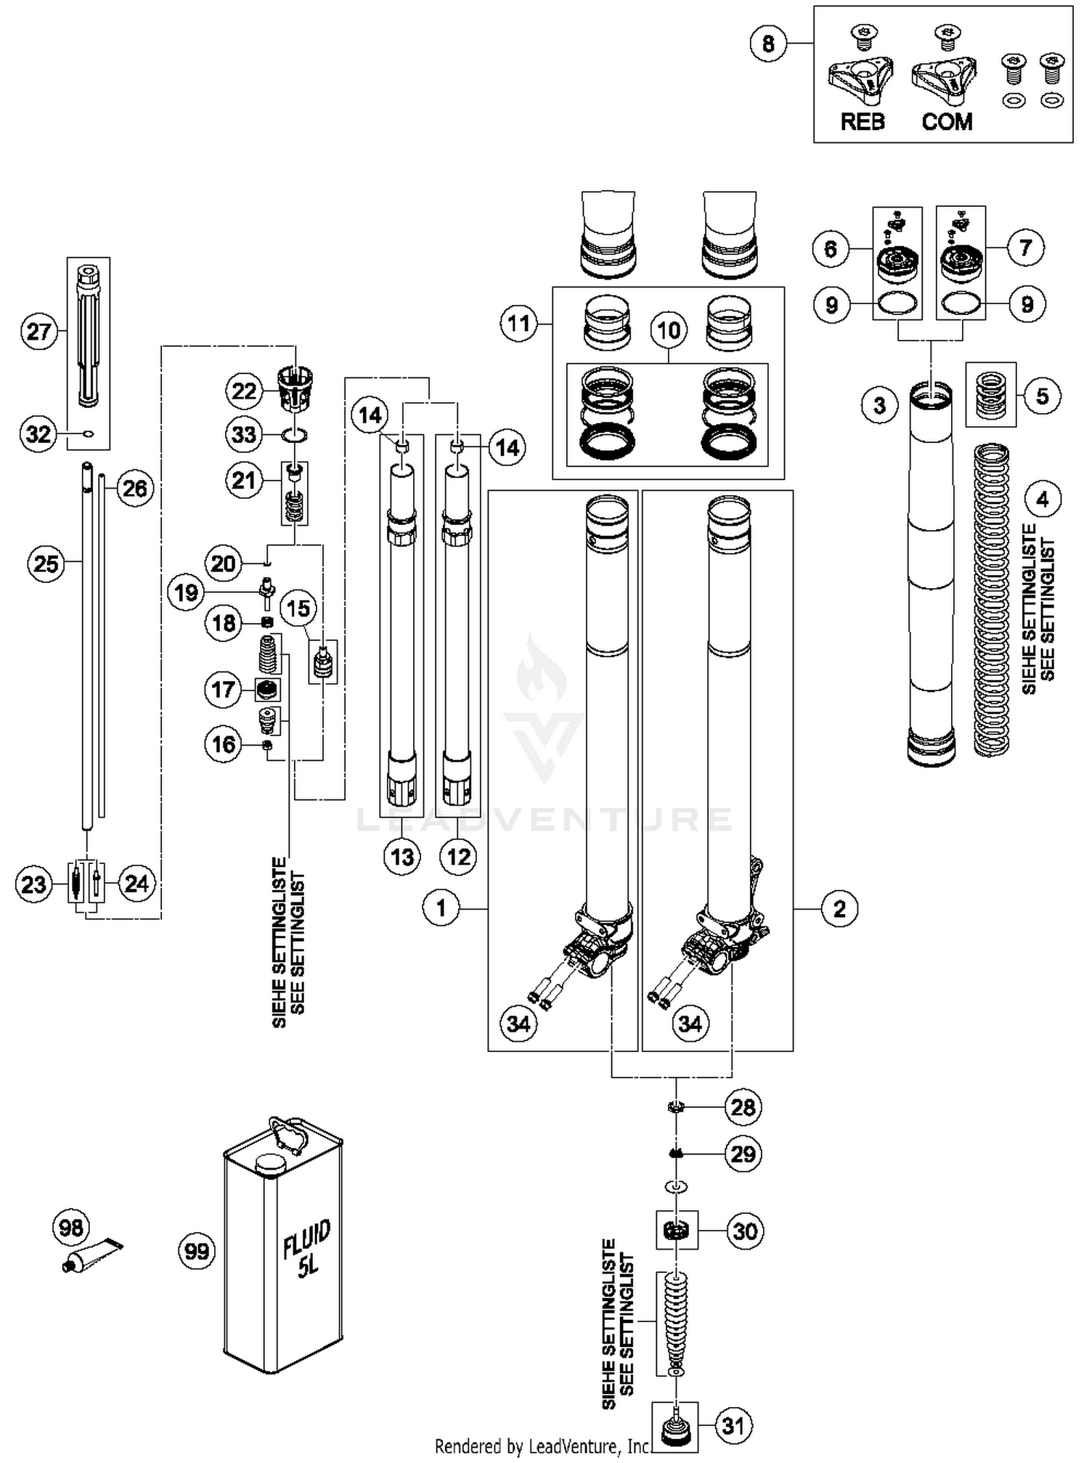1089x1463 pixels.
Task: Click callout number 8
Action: [768, 44]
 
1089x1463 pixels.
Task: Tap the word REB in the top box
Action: [862, 121]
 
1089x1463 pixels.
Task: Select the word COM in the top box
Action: [947, 121]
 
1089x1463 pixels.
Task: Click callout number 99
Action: [197, 1251]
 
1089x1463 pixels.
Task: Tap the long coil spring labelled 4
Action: [991, 603]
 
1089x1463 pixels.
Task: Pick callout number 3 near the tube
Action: [880, 404]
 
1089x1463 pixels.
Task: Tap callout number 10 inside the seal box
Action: [668, 330]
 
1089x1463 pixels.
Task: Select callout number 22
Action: [244, 391]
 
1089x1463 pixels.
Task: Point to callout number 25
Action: [46, 563]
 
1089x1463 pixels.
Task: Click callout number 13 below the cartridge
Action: [402, 857]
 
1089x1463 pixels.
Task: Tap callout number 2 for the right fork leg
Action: [839, 908]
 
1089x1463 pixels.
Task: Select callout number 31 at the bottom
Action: [733, 1425]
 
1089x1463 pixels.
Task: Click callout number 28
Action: [743, 1107]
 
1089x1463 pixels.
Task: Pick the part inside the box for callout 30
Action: [677, 1231]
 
